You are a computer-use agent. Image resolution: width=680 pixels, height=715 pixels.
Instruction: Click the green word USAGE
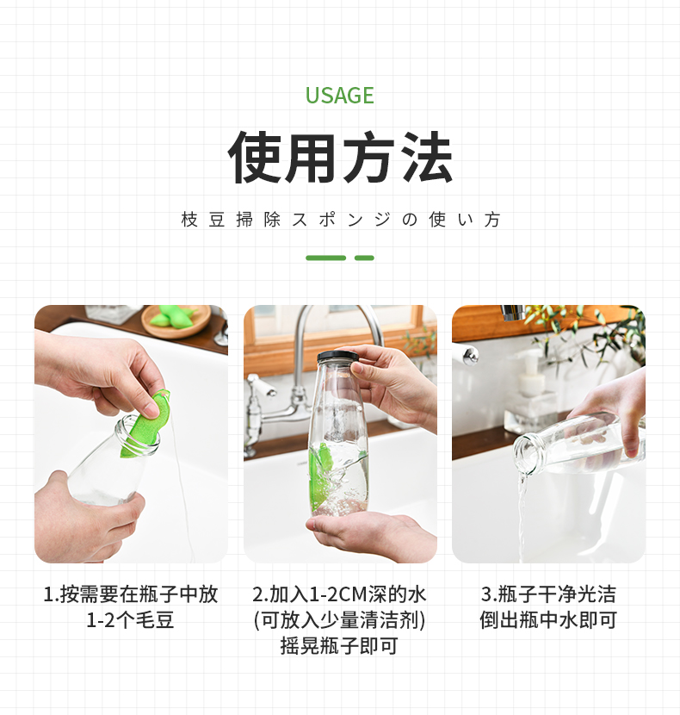click(339, 96)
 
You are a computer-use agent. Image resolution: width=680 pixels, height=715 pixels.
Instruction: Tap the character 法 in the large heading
click(426, 157)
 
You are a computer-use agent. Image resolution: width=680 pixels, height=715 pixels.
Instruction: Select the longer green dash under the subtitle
click(325, 258)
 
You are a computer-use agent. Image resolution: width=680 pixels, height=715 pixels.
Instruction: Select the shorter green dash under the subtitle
click(364, 258)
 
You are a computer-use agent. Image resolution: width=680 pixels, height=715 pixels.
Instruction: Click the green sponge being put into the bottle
click(145, 424)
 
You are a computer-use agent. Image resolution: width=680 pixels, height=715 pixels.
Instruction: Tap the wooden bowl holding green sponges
click(176, 321)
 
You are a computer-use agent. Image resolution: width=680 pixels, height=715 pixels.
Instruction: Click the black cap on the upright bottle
click(338, 357)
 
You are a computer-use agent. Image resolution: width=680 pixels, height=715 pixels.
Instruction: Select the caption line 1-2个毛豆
click(130, 620)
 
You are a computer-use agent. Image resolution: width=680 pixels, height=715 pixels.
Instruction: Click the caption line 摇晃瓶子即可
click(339, 646)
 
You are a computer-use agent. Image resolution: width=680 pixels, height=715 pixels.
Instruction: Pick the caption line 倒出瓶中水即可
click(548, 620)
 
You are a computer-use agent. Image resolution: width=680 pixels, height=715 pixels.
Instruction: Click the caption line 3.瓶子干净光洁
click(548, 594)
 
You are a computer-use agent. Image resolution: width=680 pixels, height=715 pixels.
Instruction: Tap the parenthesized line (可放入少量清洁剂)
click(339, 620)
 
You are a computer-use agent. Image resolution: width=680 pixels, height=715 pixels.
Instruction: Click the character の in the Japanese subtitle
click(409, 220)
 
